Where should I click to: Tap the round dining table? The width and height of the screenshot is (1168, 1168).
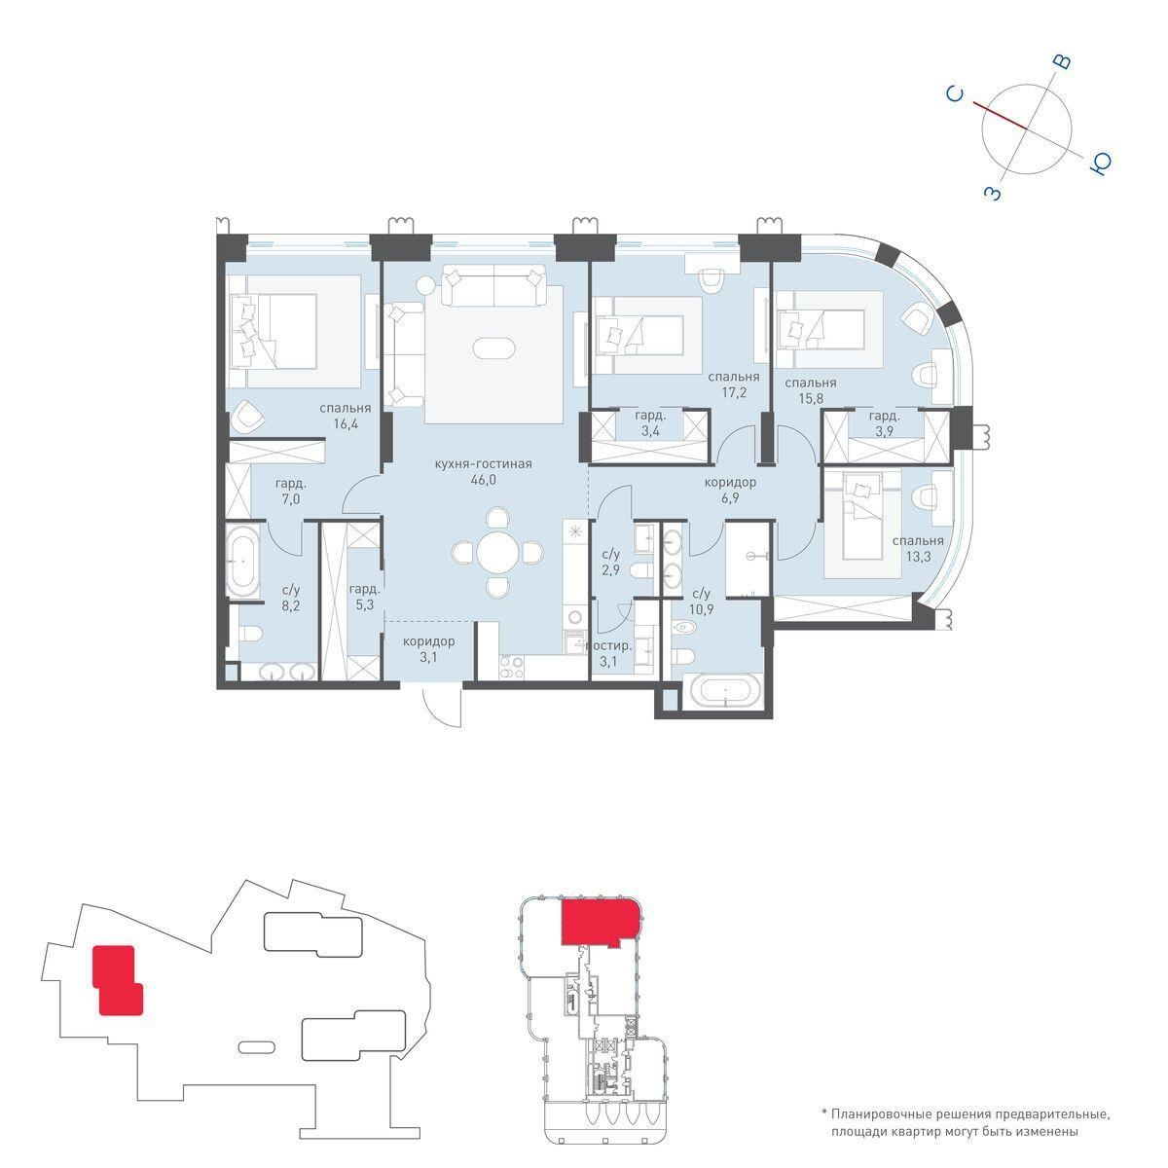496,552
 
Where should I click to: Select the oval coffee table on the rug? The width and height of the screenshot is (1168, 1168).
494,349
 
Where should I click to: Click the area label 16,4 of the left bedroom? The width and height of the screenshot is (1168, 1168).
346,423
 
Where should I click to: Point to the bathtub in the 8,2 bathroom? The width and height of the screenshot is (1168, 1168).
243,562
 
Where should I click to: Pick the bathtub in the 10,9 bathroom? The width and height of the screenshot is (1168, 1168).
720,692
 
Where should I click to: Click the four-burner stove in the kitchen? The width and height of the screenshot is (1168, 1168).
512,667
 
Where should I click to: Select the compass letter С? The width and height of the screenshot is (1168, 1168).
956,95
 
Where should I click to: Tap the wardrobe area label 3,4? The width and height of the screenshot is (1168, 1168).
650,431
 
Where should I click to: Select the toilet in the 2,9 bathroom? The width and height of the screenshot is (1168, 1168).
639,569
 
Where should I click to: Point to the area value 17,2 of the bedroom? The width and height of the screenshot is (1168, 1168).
734,392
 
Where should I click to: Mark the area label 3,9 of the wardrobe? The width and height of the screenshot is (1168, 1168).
884,431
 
